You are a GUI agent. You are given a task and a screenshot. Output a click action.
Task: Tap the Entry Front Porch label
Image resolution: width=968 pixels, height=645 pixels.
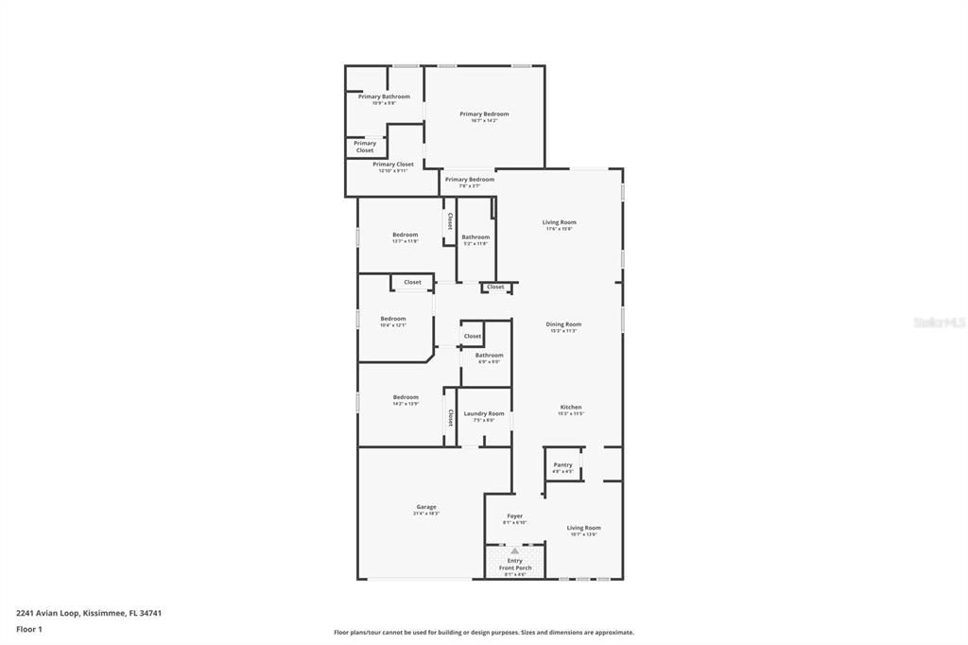click(514, 565)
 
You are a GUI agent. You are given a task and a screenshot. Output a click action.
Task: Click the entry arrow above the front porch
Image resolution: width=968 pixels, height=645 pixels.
click(514, 549)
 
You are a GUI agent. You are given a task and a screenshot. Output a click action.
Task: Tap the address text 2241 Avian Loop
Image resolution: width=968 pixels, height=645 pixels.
click(89, 613)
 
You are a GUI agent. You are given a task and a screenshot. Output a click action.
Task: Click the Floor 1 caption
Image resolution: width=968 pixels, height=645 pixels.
click(29, 629)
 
